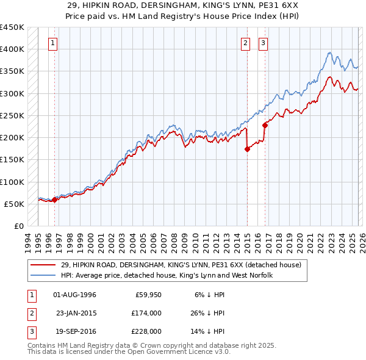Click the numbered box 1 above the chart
[54, 43]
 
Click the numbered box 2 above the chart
[245, 43]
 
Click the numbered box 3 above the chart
[263, 43]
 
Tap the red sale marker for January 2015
[247, 149]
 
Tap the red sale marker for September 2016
[265, 125]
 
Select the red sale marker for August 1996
[54, 199]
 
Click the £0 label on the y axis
[18, 226]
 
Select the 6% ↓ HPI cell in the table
[201, 295]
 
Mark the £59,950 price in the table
[148, 295]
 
